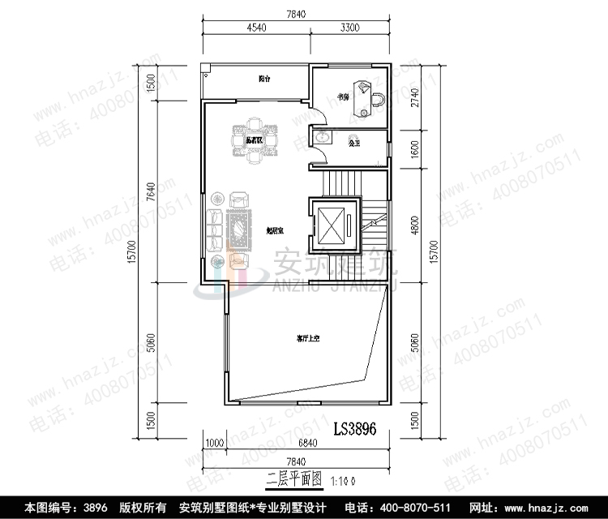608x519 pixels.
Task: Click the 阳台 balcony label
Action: click(264, 79)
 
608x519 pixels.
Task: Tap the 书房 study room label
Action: click(343, 98)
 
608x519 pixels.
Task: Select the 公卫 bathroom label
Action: click(353, 143)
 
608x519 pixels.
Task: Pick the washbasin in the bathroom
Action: click(323, 139)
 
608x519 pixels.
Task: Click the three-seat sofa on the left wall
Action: click(215, 229)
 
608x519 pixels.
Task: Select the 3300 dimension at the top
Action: click(349, 28)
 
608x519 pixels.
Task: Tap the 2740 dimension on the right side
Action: click(416, 98)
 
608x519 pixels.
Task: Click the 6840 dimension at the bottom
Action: click(307, 443)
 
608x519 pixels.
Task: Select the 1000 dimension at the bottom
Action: click(214, 443)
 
